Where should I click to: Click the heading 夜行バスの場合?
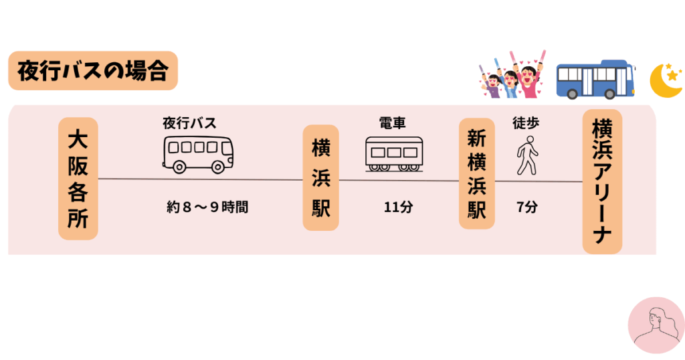(92, 71)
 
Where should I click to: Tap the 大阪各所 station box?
(78, 179)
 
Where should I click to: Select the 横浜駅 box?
(320, 178)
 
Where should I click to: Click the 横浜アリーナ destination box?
(602, 181)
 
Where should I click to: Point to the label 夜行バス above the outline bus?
(189, 123)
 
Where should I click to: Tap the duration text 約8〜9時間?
(207, 207)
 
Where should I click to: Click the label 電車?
(392, 123)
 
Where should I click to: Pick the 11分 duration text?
(398, 207)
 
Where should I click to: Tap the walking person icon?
(527, 155)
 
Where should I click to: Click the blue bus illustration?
(596, 80)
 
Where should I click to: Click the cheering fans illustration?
(512, 75)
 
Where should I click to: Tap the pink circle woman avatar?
(656, 325)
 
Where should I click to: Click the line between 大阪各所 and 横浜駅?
(201, 179)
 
